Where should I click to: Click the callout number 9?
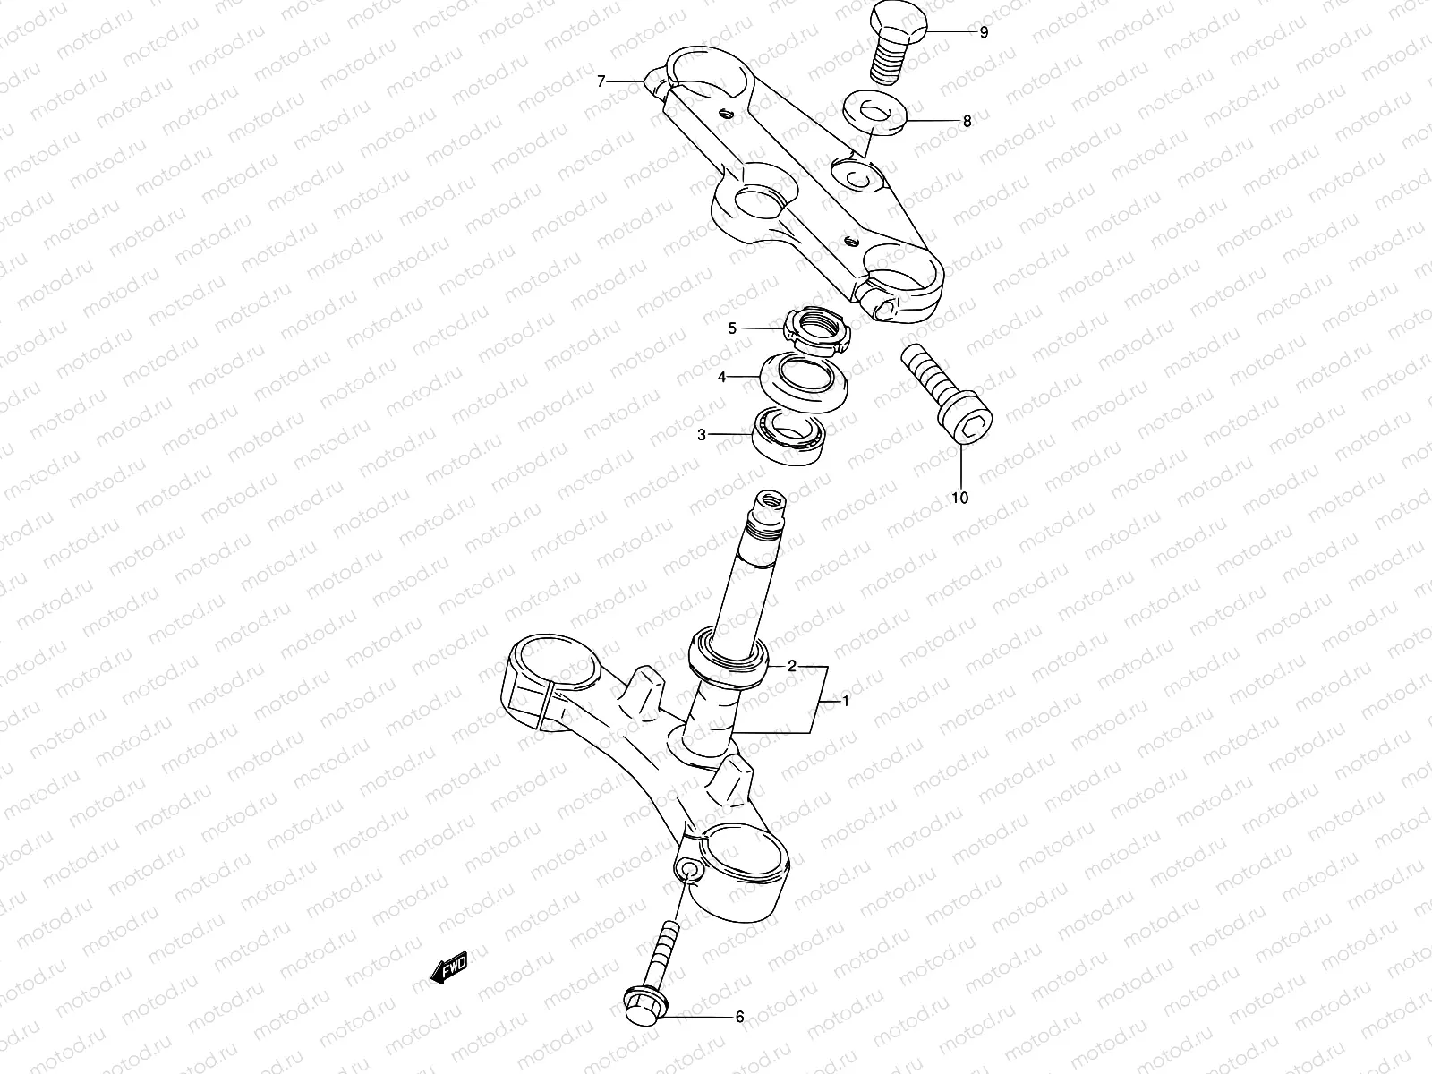click(x=984, y=33)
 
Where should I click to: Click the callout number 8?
click(x=966, y=121)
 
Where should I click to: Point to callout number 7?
click(x=602, y=82)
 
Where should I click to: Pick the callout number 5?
click(x=732, y=328)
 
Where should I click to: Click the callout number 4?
click(x=721, y=378)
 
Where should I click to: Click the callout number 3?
click(x=703, y=435)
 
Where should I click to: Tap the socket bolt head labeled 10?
click(x=967, y=420)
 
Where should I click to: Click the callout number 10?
click(x=959, y=498)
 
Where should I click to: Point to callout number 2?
click(x=791, y=666)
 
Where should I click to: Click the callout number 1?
click(x=846, y=702)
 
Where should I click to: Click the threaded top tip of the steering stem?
click(x=769, y=501)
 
